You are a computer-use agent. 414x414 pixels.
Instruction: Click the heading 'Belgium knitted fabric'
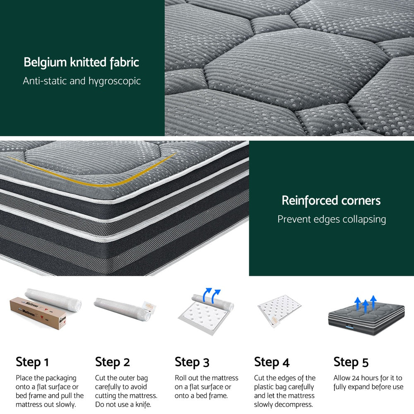point(81,63)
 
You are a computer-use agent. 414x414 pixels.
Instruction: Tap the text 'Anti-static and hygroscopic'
point(82,81)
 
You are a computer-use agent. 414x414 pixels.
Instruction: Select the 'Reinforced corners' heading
point(331,201)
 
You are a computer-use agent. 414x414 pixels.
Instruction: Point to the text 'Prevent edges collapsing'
point(331,219)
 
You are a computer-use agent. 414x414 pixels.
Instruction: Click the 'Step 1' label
point(32,362)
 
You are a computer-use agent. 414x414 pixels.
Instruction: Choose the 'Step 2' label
point(112,362)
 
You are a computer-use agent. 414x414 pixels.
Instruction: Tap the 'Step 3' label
point(192,362)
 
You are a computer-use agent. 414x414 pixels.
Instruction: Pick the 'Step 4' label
point(272,362)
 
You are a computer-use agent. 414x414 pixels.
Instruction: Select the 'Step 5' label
point(351,362)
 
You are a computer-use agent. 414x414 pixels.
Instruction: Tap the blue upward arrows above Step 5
point(366,303)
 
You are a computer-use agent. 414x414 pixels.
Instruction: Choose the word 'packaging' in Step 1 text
point(61,378)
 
